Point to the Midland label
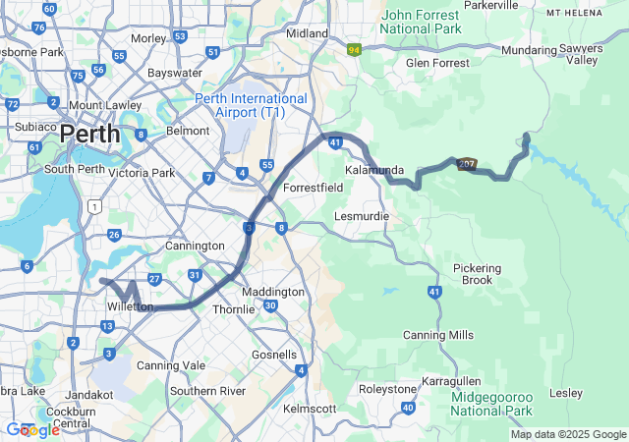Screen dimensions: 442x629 coord(307,32)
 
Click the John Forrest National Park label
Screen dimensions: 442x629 coord(434,22)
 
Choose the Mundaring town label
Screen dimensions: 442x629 coord(528,50)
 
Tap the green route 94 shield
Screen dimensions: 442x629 coord(354,49)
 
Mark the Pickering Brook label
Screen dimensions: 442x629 coord(478,274)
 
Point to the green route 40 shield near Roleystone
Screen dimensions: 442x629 coord(408,407)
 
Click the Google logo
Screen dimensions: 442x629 coord(31,429)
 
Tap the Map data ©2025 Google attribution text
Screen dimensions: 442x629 coord(567,434)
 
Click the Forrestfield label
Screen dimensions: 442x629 coord(312,187)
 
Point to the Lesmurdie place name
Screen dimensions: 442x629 coord(362,215)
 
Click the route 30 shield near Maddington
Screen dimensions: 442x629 coord(269,306)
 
